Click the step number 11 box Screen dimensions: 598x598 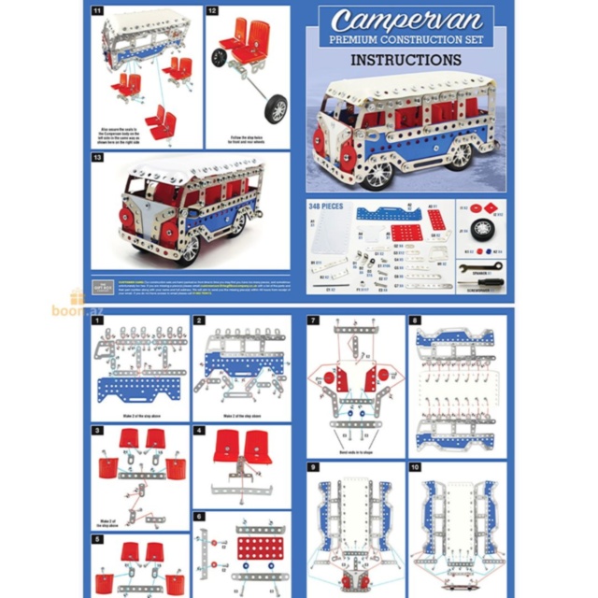point(98,11)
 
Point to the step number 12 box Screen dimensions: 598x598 point(212,11)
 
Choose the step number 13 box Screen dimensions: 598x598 point(98,158)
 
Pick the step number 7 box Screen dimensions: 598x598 point(314,320)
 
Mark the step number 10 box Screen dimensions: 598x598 point(415,465)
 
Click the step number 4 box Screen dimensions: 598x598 point(199,431)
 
